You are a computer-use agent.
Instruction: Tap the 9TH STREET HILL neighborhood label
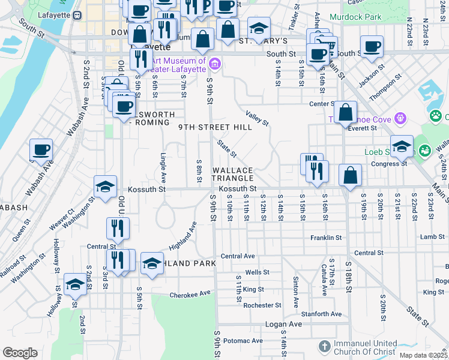tap(215, 127)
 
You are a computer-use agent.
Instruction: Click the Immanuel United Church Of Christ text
tap(365, 347)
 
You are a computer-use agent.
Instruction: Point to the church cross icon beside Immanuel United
tap(324, 347)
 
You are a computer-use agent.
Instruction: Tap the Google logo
tap(20, 353)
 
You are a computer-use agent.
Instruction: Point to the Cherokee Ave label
tap(190, 293)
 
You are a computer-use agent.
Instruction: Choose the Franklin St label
tap(326, 238)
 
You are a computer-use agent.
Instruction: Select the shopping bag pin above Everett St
tap(346, 112)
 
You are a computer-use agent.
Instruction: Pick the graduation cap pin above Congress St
tap(402, 146)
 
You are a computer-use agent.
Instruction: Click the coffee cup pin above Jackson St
tap(372, 46)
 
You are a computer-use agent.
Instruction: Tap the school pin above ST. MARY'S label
tap(259, 28)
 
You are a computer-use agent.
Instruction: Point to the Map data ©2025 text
tap(422, 355)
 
